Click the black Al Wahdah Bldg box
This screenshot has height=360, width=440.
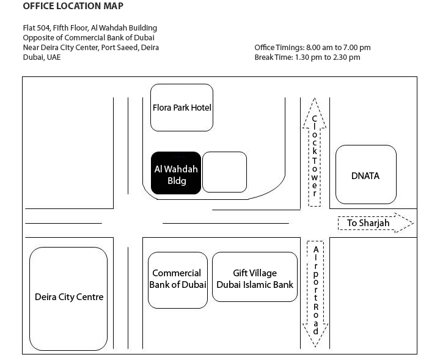[x=176, y=173]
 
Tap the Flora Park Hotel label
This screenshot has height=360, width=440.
[x=182, y=108]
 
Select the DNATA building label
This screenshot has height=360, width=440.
[x=365, y=176]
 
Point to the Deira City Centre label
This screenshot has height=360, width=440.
[x=69, y=297]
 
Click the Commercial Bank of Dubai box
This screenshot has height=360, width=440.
[x=178, y=280]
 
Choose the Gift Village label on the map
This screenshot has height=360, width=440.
[x=255, y=273]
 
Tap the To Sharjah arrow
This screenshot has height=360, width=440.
[x=376, y=223]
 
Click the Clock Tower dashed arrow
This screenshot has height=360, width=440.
[x=314, y=152]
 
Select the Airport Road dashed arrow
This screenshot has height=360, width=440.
[x=315, y=294]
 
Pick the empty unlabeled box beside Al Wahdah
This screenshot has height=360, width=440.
[x=224, y=172]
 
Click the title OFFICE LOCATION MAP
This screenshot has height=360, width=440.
[x=73, y=6]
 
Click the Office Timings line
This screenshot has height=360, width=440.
[x=313, y=48]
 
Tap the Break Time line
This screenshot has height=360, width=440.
[x=307, y=57]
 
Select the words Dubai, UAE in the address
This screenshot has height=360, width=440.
[x=42, y=57]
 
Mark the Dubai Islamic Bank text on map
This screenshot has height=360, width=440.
[x=255, y=285]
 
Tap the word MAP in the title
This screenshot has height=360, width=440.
[x=114, y=6]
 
